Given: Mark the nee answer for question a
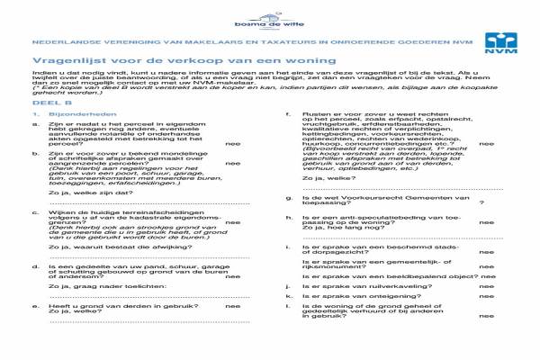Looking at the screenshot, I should pos(232,143).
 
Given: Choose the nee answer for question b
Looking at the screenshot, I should pos(232,163).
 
